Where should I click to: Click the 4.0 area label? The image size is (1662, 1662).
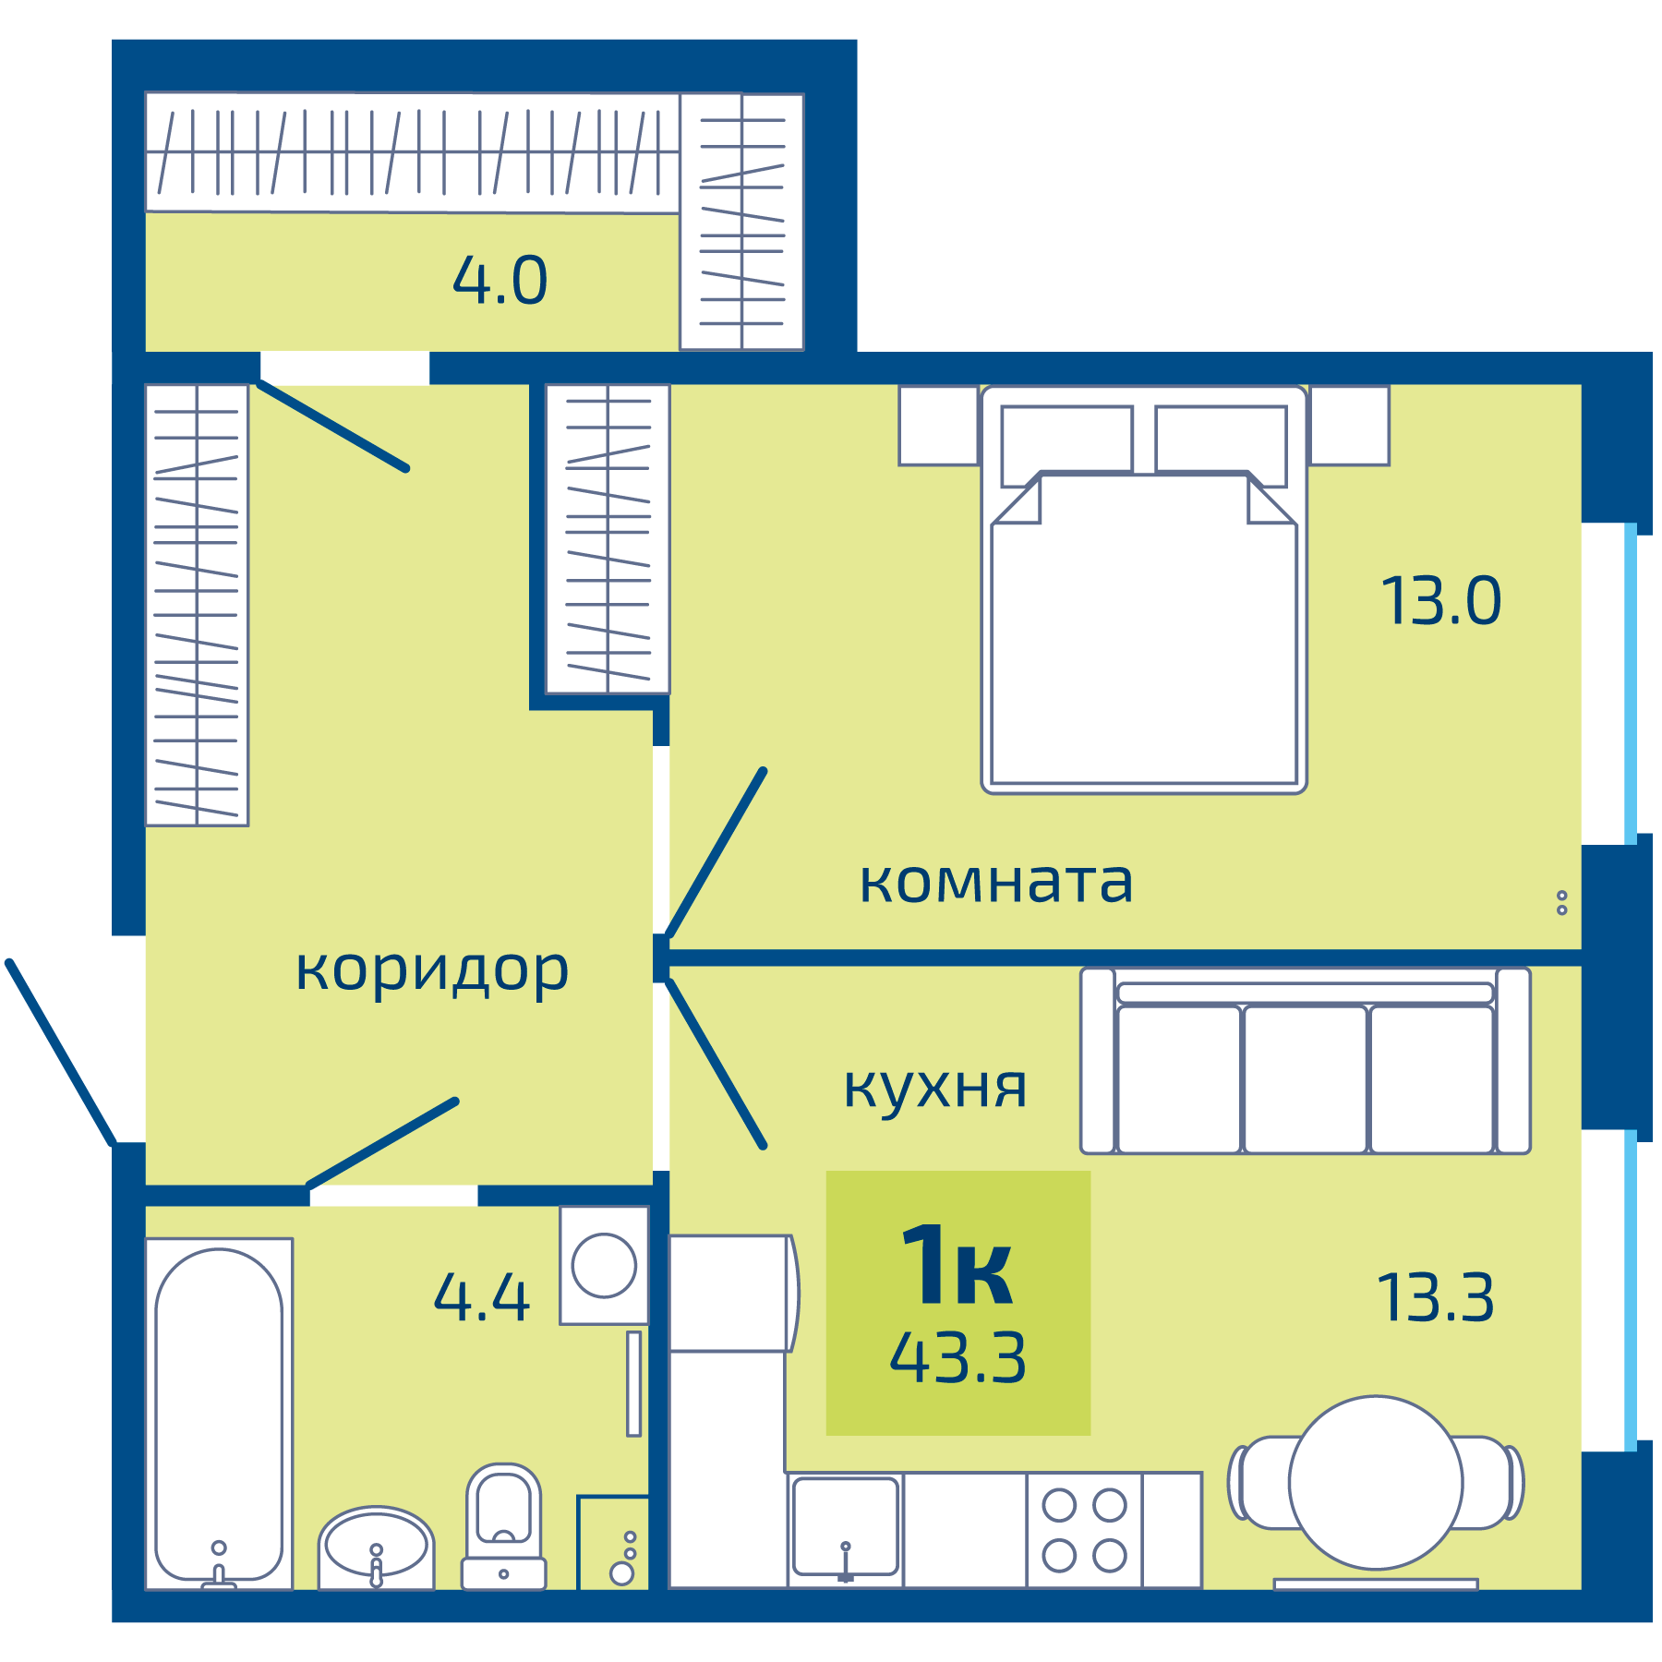(x=500, y=281)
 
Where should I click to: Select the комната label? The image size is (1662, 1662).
(x=995, y=882)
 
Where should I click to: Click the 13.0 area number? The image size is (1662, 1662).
(x=1440, y=601)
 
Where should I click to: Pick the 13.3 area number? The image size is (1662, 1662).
(x=1435, y=1297)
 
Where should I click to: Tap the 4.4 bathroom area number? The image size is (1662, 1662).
(x=481, y=1297)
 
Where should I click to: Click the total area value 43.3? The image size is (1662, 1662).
(x=957, y=1358)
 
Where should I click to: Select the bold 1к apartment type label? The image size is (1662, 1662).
(x=957, y=1266)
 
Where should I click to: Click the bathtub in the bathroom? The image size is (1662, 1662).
(x=219, y=1413)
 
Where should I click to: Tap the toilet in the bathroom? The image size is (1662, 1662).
(x=503, y=1523)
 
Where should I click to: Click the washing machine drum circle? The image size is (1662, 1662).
(x=604, y=1265)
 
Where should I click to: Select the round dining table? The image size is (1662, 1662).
(x=1376, y=1483)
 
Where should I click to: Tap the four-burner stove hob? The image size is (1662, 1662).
(x=1084, y=1530)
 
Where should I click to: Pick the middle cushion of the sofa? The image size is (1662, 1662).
(x=1305, y=1078)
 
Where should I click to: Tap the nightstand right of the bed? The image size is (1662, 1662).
(x=1349, y=426)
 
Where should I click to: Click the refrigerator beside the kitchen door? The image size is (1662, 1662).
(x=729, y=1293)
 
